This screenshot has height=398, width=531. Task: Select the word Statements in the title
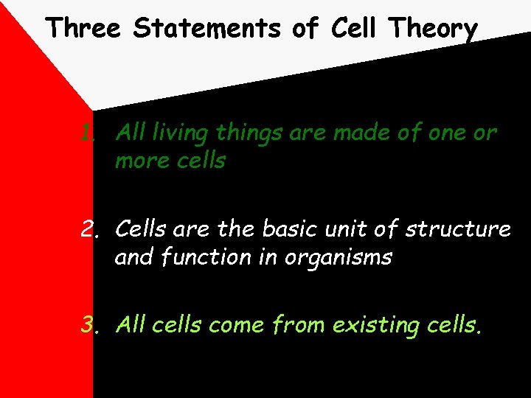click(208, 28)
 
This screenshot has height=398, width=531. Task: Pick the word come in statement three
click(236, 325)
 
